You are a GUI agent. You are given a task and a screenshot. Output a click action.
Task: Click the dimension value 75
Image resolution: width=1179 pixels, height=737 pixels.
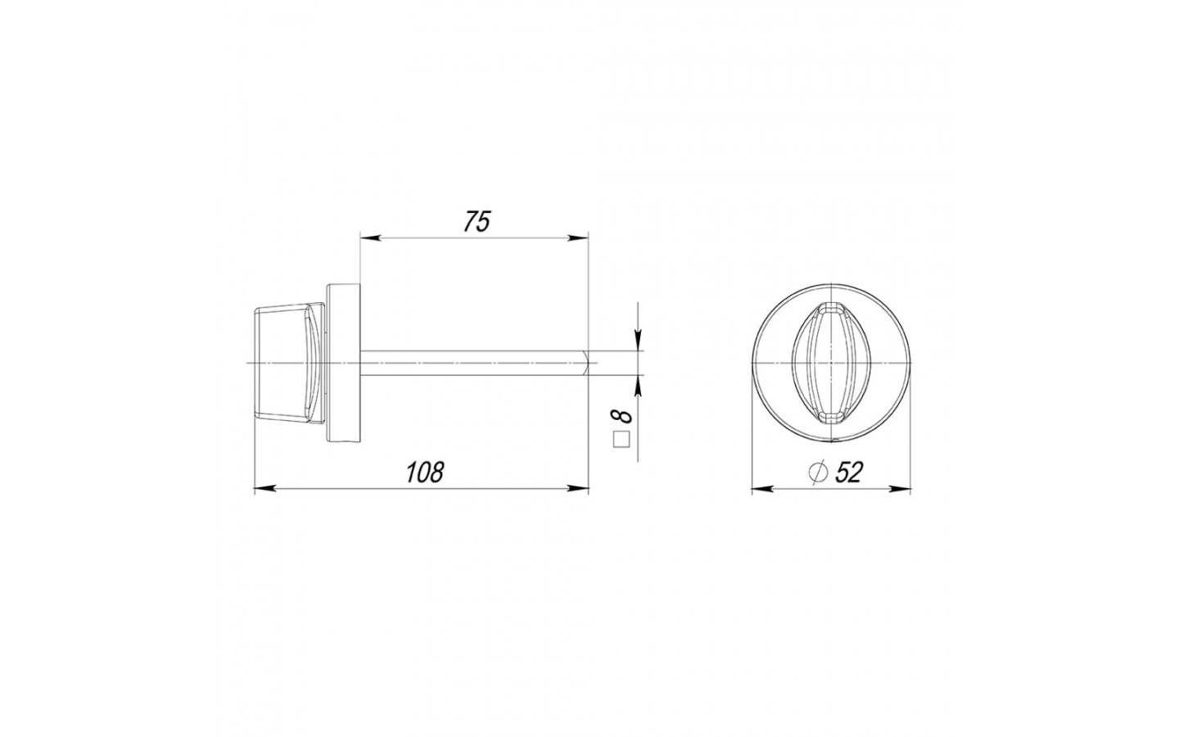[x=477, y=222]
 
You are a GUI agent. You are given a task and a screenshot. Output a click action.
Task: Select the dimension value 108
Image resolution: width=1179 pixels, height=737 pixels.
[x=425, y=472]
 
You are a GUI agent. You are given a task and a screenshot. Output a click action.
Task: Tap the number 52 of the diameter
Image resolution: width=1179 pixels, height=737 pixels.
[x=848, y=472]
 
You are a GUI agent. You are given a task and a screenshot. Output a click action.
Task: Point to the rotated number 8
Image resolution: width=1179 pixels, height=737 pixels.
[x=621, y=416]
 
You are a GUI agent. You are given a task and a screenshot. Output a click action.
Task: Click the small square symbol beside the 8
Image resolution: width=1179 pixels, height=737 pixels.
[x=621, y=440]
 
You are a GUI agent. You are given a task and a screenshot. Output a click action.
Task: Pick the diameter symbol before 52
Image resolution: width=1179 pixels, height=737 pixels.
[x=816, y=472]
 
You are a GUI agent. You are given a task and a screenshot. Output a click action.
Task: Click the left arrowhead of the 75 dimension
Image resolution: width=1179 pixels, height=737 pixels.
[x=370, y=238]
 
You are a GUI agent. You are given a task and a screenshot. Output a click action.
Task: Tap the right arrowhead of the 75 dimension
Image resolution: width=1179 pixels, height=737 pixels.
[x=578, y=238]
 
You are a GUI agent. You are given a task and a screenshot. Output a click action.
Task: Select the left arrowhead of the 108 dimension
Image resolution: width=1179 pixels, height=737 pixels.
[x=264, y=489]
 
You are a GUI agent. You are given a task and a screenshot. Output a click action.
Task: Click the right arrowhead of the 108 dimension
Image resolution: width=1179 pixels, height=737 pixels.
[x=578, y=489]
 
